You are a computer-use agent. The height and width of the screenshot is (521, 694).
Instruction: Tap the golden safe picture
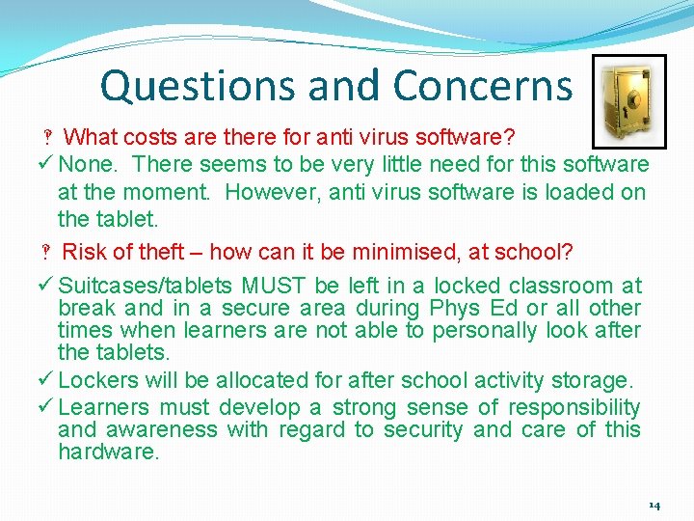click(x=627, y=99)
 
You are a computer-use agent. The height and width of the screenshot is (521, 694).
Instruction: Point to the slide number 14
click(x=654, y=506)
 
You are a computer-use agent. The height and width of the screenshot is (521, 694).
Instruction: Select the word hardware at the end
click(x=108, y=452)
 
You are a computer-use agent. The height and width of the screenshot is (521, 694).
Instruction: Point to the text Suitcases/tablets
click(x=146, y=286)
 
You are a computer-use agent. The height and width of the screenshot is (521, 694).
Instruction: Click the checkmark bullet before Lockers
click(x=48, y=380)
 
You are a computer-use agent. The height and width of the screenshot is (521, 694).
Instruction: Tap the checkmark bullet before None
click(x=48, y=165)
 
